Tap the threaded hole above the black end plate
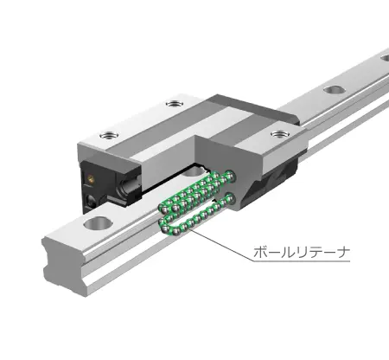(x=109, y=135)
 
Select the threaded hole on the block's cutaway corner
(x=277, y=134)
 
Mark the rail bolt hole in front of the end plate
(x=92, y=228)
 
